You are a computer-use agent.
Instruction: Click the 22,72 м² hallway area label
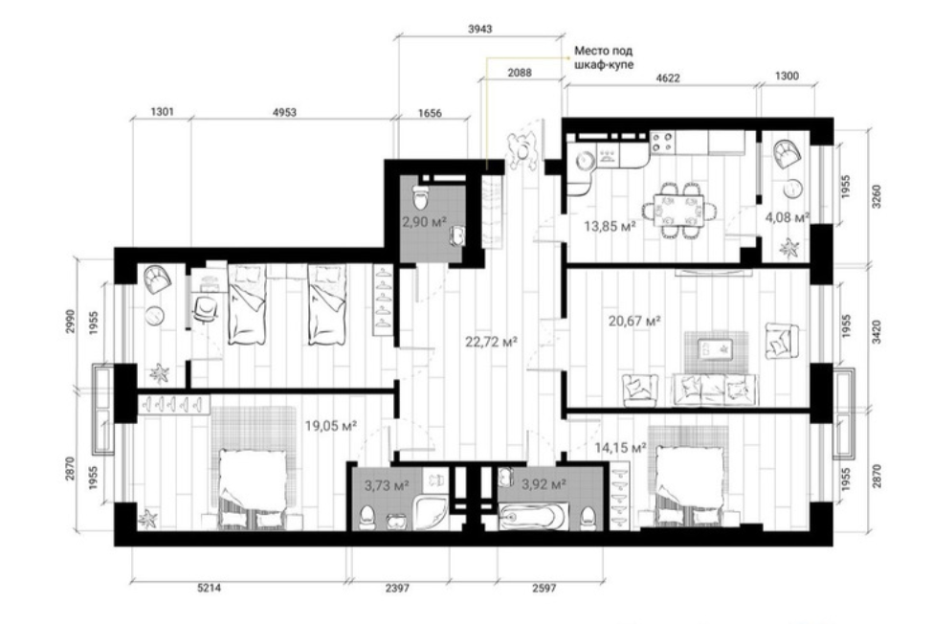pos(491,342)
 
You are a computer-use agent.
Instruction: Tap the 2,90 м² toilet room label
pos(425,222)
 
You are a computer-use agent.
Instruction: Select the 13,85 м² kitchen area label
pos(610,226)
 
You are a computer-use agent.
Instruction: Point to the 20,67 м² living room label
pos(634,322)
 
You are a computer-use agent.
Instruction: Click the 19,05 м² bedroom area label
pos(330,425)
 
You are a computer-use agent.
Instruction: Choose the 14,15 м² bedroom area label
pos(621,448)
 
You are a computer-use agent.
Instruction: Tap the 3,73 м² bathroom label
pos(387,486)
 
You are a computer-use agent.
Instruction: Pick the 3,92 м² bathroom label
pos(544,484)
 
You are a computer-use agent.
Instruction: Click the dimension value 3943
pos(480,29)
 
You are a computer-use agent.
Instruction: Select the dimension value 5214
pos(209,588)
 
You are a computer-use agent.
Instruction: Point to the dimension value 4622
pos(667,78)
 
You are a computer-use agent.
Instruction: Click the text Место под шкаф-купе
pos(603,57)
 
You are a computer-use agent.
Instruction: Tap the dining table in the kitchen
pos(678,210)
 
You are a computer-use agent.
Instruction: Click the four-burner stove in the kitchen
pos(662,143)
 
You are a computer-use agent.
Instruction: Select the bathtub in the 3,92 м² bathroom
pos(533,517)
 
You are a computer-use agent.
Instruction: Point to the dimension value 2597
pos(544,588)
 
